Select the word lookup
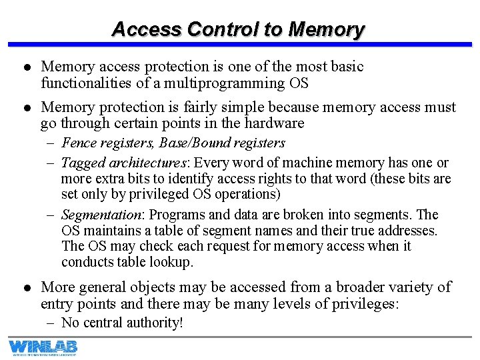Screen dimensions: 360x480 point(171,262)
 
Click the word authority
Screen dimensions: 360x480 point(153,323)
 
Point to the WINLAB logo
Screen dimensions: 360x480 point(43,347)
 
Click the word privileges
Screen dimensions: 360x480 point(362,304)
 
